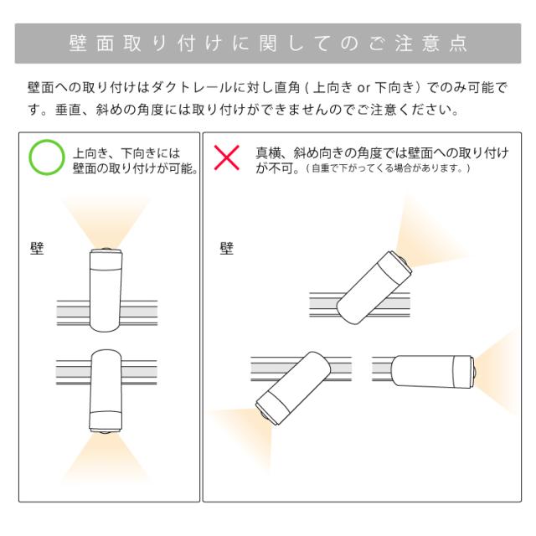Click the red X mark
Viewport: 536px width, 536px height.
227,157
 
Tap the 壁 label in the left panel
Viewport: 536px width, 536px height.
37,249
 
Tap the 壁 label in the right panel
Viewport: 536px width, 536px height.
227,249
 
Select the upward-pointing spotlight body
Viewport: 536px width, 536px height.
106,291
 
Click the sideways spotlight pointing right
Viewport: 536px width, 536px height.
432,372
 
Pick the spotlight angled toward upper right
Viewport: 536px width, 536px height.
374,288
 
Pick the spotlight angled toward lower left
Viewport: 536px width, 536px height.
293,388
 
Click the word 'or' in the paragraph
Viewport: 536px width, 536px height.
363,88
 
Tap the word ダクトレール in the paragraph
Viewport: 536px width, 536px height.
192,88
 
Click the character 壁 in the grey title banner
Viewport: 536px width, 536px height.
78,44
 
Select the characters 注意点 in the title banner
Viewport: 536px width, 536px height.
431,44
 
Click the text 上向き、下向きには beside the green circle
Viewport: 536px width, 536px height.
126,152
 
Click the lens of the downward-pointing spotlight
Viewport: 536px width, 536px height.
106,432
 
